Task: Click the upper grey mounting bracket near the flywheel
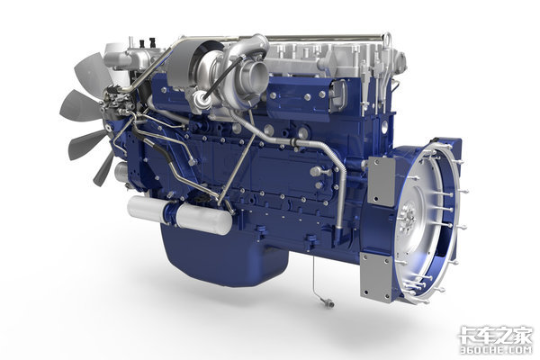382,181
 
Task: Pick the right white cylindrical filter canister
203,218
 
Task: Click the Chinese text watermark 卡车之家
495,335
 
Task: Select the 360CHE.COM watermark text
496,350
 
